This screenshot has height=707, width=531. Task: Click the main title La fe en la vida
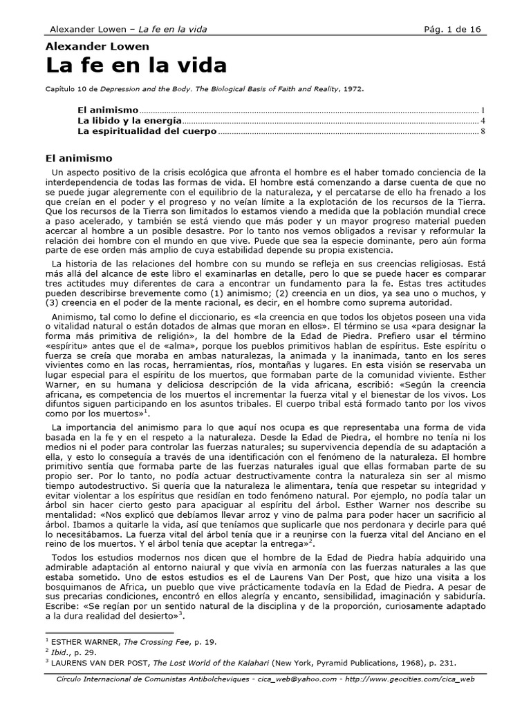(x=136, y=66)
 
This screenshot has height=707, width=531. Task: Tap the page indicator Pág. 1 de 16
(x=454, y=29)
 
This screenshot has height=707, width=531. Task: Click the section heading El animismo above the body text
(x=79, y=158)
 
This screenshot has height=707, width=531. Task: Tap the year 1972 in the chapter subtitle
(x=352, y=88)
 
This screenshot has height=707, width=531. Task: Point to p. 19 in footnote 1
(x=206, y=641)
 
